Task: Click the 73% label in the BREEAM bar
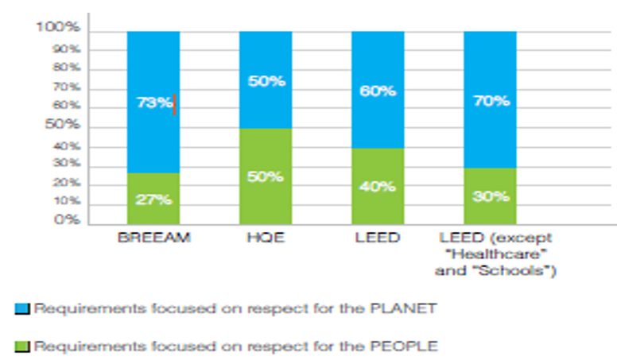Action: pyautogui.click(x=153, y=103)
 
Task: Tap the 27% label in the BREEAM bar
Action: pyautogui.click(x=153, y=199)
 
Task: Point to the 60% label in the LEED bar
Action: pyautogui.click(x=378, y=91)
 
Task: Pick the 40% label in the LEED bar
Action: pyautogui.click(x=378, y=186)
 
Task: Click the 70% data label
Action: pyautogui.click(x=491, y=101)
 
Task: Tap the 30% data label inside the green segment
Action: pyautogui.click(x=491, y=196)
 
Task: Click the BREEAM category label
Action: pyautogui.click(x=153, y=238)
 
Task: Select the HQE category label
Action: pyautogui.click(x=266, y=238)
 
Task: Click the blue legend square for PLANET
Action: pyautogui.click(x=21, y=309)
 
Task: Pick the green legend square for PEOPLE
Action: pyautogui.click(x=21, y=346)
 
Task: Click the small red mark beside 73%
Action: pyautogui.click(x=175, y=104)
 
